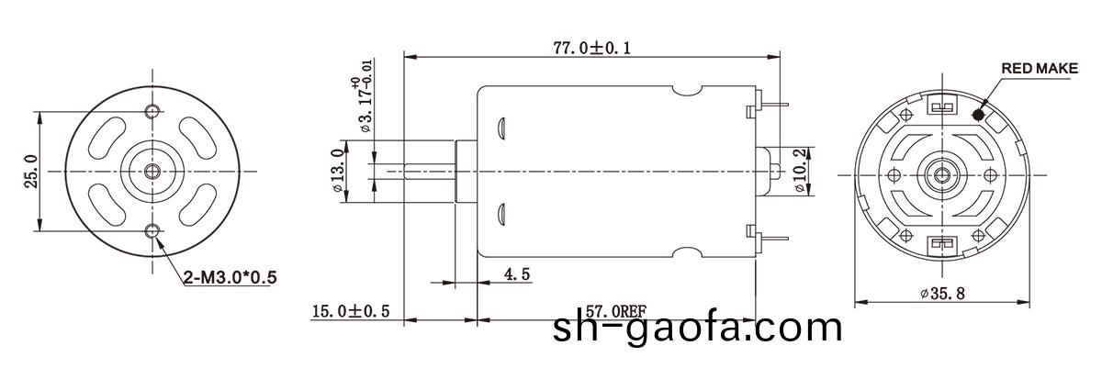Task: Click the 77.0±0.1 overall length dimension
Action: (591, 48)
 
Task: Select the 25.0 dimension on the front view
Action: (30, 170)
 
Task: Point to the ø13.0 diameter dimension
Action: (337, 170)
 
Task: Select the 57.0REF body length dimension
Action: (615, 312)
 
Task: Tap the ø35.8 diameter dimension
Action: (945, 294)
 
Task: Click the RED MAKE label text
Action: (1039, 69)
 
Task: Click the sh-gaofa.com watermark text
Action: (698, 329)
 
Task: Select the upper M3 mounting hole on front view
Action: (152, 111)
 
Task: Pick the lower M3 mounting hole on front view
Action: (152, 230)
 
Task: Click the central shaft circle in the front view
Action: (152, 171)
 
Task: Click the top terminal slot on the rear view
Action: (940, 106)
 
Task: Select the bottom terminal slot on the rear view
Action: (940, 243)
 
